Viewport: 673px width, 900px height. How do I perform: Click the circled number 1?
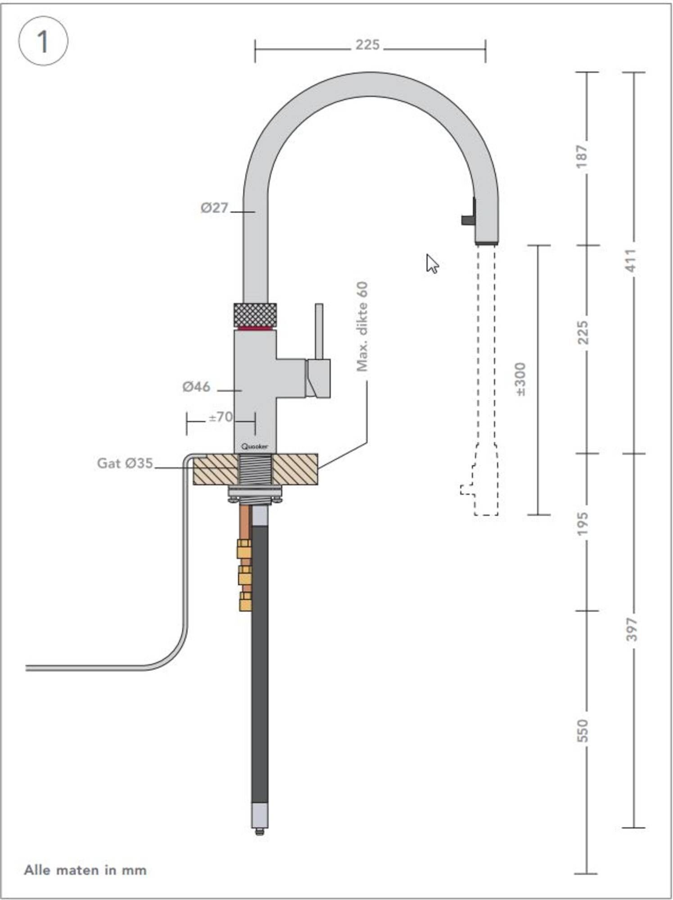(43, 41)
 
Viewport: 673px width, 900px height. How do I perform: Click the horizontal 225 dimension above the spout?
(367, 45)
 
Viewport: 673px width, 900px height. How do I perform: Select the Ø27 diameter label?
(215, 208)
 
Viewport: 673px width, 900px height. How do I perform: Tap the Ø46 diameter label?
(196, 387)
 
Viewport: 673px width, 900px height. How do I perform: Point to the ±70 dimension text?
(221, 417)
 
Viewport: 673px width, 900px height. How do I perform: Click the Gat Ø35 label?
(125, 463)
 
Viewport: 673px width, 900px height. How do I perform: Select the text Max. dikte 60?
(362, 326)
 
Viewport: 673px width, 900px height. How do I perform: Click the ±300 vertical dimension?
(520, 379)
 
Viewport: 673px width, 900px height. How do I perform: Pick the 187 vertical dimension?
(582, 157)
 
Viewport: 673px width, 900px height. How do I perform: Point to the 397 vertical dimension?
(632, 629)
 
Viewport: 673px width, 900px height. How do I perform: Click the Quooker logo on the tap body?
(255, 446)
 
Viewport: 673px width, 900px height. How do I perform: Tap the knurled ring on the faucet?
(255, 315)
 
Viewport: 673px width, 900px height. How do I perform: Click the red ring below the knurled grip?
(255, 328)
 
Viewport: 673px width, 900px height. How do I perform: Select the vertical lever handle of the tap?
(319, 331)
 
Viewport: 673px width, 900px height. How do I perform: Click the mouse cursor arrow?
(432, 264)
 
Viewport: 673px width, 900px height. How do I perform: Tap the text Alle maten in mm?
(85, 869)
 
